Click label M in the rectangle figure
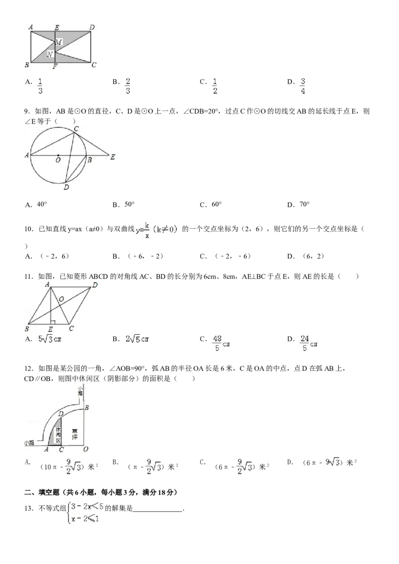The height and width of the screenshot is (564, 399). pos(58,42)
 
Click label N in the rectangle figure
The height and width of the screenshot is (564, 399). pos(50,54)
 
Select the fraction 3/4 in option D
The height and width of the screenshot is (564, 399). pos(303,86)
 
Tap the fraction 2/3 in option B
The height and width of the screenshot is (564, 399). pos(128,86)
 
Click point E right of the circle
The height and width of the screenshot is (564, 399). pos(113,157)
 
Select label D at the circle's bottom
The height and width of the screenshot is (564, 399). pos(66,187)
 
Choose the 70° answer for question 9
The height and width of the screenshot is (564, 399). pos(304,204)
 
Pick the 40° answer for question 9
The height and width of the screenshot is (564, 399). pos(42,204)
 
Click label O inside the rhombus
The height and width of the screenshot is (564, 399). pos(61,299)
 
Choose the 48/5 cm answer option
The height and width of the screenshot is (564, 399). pos(221,343)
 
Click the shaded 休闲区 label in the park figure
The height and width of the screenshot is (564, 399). pos(58,435)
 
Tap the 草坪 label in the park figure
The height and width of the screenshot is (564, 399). pos(74,434)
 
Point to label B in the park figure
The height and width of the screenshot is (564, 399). pos(86,408)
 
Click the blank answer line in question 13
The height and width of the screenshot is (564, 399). pos(158,511)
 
